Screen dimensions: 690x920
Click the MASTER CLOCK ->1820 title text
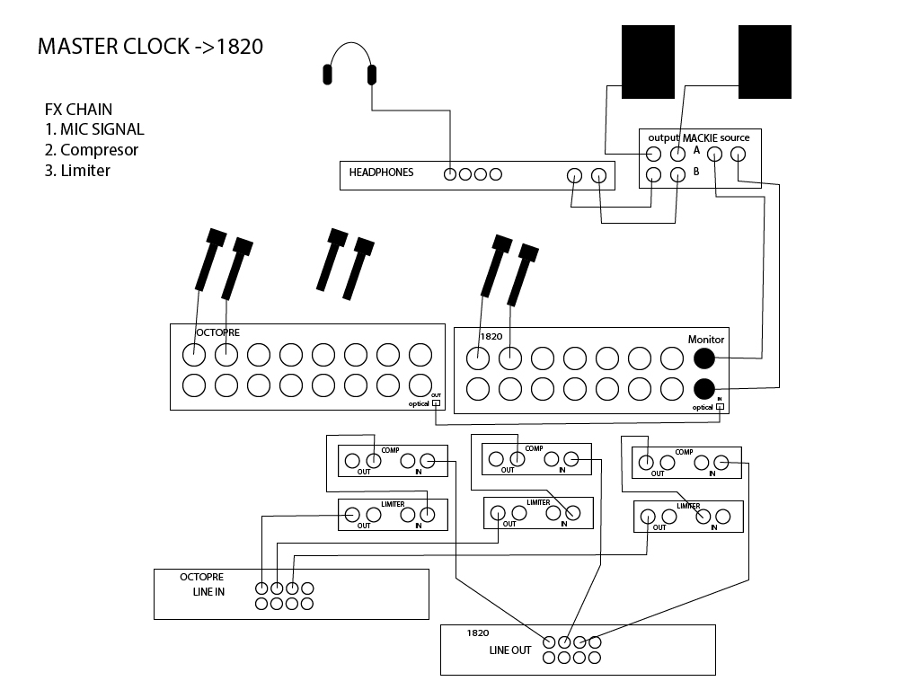point(150,47)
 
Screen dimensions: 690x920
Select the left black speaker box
point(648,62)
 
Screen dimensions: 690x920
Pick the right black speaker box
point(765,62)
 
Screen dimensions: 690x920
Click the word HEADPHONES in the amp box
point(381,172)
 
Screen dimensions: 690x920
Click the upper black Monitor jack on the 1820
point(704,358)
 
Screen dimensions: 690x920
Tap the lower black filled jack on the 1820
point(704,390)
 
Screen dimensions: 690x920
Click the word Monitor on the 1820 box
point(706,340)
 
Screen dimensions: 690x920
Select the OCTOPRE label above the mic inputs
point(217,332)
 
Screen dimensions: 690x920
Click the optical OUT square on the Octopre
point(437,403)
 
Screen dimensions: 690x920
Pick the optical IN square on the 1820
point(720,407)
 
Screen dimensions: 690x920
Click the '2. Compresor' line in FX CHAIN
point(92,150)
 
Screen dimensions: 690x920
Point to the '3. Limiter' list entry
point(77,171)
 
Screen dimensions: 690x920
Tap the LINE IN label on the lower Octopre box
point(208,592)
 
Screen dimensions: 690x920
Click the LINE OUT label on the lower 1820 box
point(510,650)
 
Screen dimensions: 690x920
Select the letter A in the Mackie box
point(696,151)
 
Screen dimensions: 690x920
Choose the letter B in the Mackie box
point(696,172)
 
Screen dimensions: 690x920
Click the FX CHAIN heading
point(79,110)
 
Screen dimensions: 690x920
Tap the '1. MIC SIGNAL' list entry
point(94,129)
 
